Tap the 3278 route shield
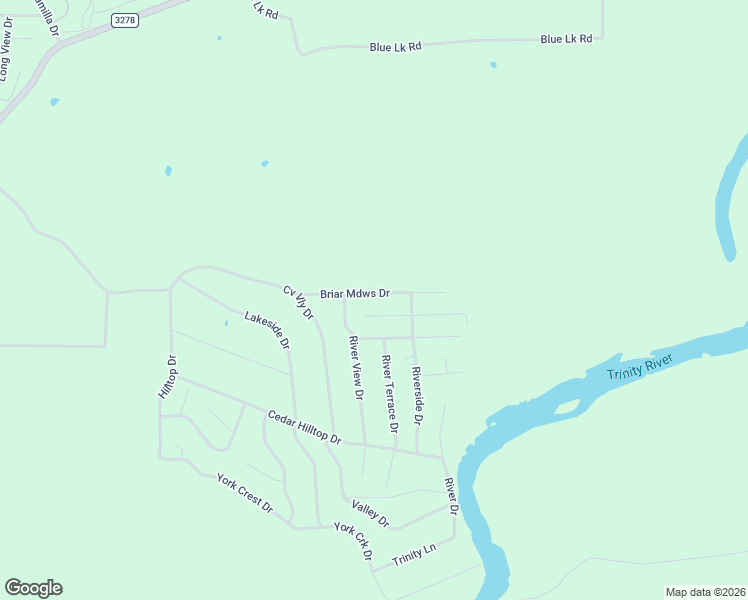pos(124,20)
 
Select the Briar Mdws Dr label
pos(354,294)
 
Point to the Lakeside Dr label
pos(267,330)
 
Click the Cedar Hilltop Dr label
pos(304,427)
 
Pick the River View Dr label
pos(355,367)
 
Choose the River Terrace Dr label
pos(389,393)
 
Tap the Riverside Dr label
pos(417,392)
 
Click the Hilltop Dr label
pos(167,377)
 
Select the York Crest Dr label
pos(245,492)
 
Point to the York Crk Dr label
pos(353,541)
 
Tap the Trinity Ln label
pos(415,553)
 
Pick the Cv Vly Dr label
pos(298,303)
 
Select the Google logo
pos(33,588)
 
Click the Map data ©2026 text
pos(705,592)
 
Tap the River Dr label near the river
pos(451,496)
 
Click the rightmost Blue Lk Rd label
pos(566,39)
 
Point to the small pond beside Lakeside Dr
pos(226,322)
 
